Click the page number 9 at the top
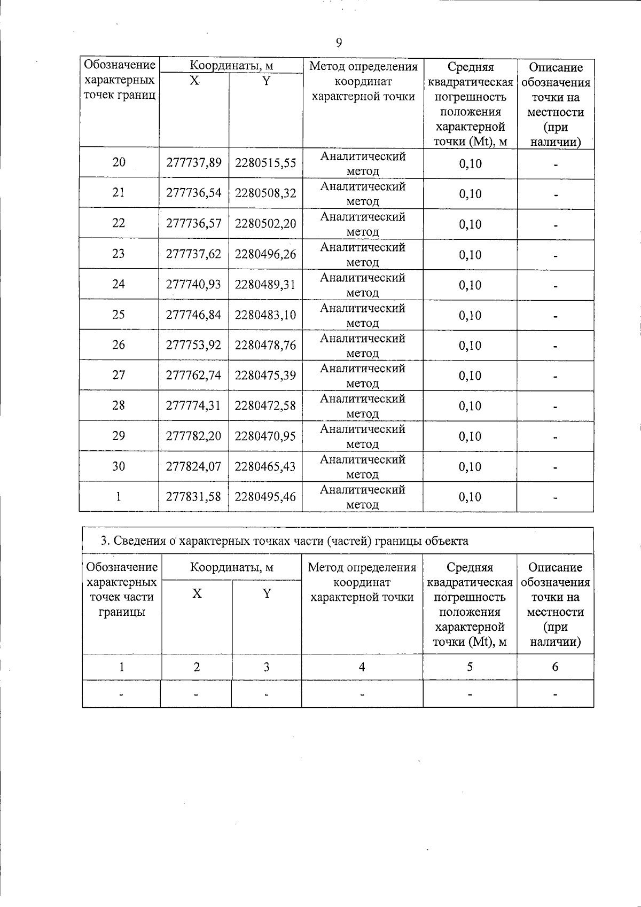tap(339, 43)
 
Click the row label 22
tap(119, 223)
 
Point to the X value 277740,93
tap(193, 284)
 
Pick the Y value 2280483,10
tap(265, 315)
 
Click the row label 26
tap(119, 345)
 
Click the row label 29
tap(119, 436)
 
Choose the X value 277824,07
tap(193, 466)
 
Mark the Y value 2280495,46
tap(265, 497)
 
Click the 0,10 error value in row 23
tap(470, 255)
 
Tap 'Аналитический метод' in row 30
tap(363, 466)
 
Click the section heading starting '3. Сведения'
tap(285, 541)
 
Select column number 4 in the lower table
tap(362, 667)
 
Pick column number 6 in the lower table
tap(555, 667)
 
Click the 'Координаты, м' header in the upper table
tap(232, 66)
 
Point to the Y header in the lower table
tap(267, 593)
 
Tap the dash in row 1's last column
tap(556, 497)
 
